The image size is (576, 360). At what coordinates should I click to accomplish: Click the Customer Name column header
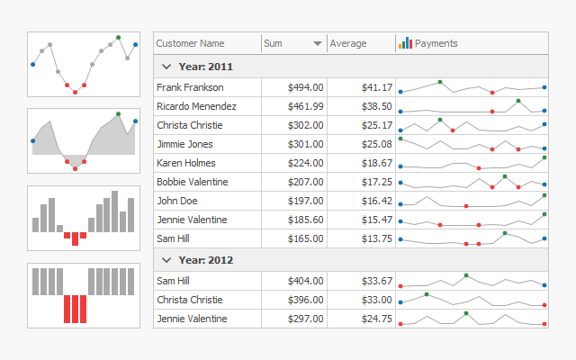(191, 43)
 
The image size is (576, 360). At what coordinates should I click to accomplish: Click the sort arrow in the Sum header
(318, 43)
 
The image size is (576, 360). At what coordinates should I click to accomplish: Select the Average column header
(348, 43)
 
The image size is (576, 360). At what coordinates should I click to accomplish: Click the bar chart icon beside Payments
(405, 42)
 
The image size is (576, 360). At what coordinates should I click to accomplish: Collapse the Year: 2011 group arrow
(166, 67)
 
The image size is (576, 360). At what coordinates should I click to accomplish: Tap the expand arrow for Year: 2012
(166, 260)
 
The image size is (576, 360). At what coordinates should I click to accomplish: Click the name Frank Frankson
(190, 87)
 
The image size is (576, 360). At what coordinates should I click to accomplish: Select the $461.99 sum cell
(305, 106)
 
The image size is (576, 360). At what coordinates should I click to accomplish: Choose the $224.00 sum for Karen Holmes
(305, 163)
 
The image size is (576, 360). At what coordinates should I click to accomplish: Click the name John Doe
(176, 201)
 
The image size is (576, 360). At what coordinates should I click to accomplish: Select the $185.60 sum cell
(305, 220)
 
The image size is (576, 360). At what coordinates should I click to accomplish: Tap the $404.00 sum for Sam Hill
(305, 281)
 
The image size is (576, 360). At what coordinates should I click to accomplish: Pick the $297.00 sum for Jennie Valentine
(305, 319)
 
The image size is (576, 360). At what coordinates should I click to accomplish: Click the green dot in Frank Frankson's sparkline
(440, 82)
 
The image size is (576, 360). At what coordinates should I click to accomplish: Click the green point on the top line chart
(118, 38)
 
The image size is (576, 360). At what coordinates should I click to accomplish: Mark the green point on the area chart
(118, 114)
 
